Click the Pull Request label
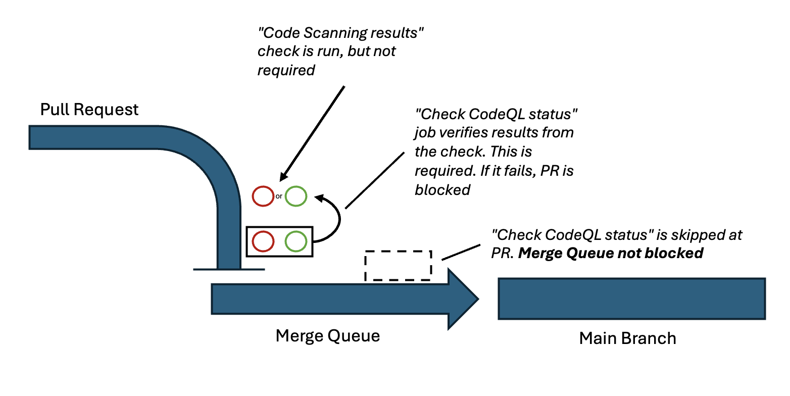coord(89,110)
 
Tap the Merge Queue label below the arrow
coord(327,336)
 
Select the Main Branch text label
coord(627,338)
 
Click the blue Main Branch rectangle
coord(631,299)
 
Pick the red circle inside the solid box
coord(263,241)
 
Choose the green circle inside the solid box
coord(296,241)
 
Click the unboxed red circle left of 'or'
coord(263,196)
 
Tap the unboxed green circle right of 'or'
coord(296,196)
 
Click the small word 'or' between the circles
coord(279,196)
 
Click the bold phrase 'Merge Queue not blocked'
coord(611,253)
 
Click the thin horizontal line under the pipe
coord(229,269)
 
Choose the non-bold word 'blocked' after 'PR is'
coord(442,189)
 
